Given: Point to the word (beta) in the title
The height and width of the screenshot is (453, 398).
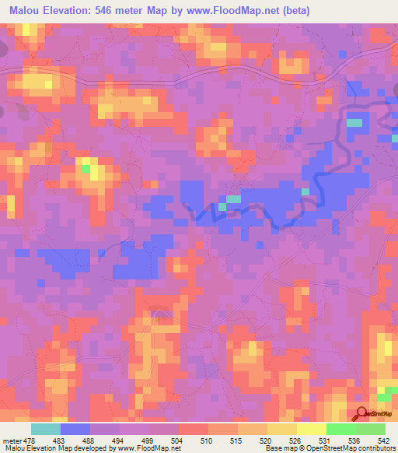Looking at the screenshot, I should tap(299, 11).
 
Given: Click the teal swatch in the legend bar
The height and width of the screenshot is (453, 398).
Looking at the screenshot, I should tap(46, 430).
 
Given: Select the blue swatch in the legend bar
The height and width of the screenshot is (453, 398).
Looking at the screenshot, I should tap(75, 430).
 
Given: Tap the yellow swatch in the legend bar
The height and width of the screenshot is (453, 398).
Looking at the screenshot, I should tap(312, 430).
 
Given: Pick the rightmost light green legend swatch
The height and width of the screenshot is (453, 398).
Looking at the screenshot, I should tap(371, 430).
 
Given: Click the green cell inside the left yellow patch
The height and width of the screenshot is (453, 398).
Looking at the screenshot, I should tap(86, 167).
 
